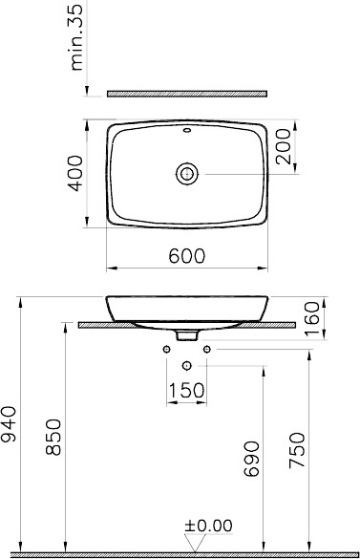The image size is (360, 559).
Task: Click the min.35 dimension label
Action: (77, 37)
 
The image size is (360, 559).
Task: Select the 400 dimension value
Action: (76, 173)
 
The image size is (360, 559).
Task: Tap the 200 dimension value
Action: (284, 146)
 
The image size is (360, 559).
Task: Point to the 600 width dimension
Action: (187, 256)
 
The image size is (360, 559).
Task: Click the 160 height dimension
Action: (312, 318)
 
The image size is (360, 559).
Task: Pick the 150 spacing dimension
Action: (186, 391)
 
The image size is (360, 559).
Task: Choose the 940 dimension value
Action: (9, 424)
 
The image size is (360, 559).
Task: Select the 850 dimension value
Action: (53, 438)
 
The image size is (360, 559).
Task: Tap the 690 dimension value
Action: (251, 459)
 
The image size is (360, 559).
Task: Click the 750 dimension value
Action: (297, 450)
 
